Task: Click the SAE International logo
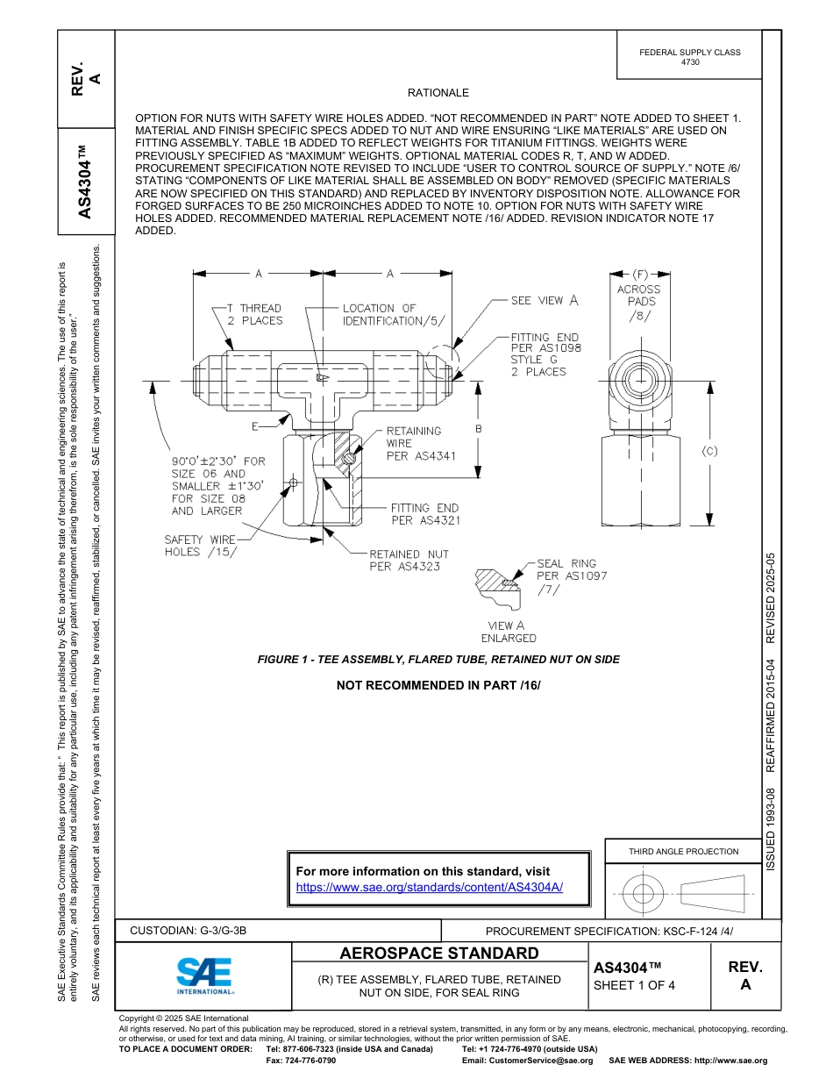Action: (x=204, y=975)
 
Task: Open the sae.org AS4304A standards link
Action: (x=430, y=887)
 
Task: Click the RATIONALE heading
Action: (x=438, y=93)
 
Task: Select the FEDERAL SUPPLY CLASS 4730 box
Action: (x=689, y=57)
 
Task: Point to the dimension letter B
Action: (x=479, y=429)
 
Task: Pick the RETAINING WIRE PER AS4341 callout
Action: (x=414, y=444)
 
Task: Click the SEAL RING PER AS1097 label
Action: (x=570, y=576)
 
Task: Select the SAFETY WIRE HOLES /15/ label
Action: (x=200, y=546)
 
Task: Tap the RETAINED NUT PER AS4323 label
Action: (x=408, y=561)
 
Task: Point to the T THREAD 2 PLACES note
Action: (x=254, y=315)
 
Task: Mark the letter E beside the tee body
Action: (x=254, y=427)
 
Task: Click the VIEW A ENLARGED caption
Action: (x=508, y=632)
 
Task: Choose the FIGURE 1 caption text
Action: (x=438, y=660)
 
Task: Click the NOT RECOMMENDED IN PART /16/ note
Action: (x=438, y=684)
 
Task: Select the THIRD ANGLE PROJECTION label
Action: (x=683, y=851)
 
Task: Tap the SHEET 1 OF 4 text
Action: (x=634, y=985)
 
